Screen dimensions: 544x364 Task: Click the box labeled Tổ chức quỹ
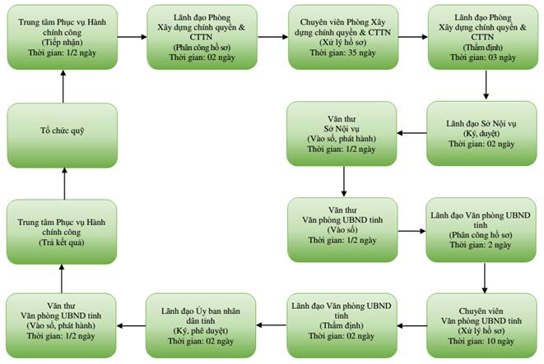point(63,136)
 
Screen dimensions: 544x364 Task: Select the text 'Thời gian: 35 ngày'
point(342,53)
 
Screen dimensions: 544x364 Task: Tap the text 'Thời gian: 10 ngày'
point(481,341)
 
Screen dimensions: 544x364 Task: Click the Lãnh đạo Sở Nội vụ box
point(482,133)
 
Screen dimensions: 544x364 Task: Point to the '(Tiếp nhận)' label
point(62,43)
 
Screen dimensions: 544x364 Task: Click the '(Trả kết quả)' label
point(62,242)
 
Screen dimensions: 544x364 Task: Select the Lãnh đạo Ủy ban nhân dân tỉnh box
point(201,325)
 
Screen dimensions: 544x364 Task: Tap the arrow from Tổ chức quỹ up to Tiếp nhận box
point(63,86)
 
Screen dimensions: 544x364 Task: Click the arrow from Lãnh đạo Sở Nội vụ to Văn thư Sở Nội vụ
point(411,133)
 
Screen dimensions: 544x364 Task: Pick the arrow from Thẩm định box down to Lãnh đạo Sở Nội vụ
point(486,85)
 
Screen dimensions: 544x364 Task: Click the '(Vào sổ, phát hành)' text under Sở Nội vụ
point(342,139)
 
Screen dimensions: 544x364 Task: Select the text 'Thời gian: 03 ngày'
point(483,58)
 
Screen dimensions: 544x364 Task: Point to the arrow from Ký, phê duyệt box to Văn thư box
point(131,326)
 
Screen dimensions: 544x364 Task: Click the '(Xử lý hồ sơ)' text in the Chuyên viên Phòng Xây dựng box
point(342,43)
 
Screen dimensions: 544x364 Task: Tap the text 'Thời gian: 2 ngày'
point(481,245)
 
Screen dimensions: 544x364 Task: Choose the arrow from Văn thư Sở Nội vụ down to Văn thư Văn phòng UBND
point(344,182)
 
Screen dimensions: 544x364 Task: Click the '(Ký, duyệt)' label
point(481,134)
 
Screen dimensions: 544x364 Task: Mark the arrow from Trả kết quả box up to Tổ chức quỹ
point(64,183)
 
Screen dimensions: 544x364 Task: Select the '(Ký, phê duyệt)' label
point(201,331)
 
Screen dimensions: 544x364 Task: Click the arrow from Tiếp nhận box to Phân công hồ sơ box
point(133,37)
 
